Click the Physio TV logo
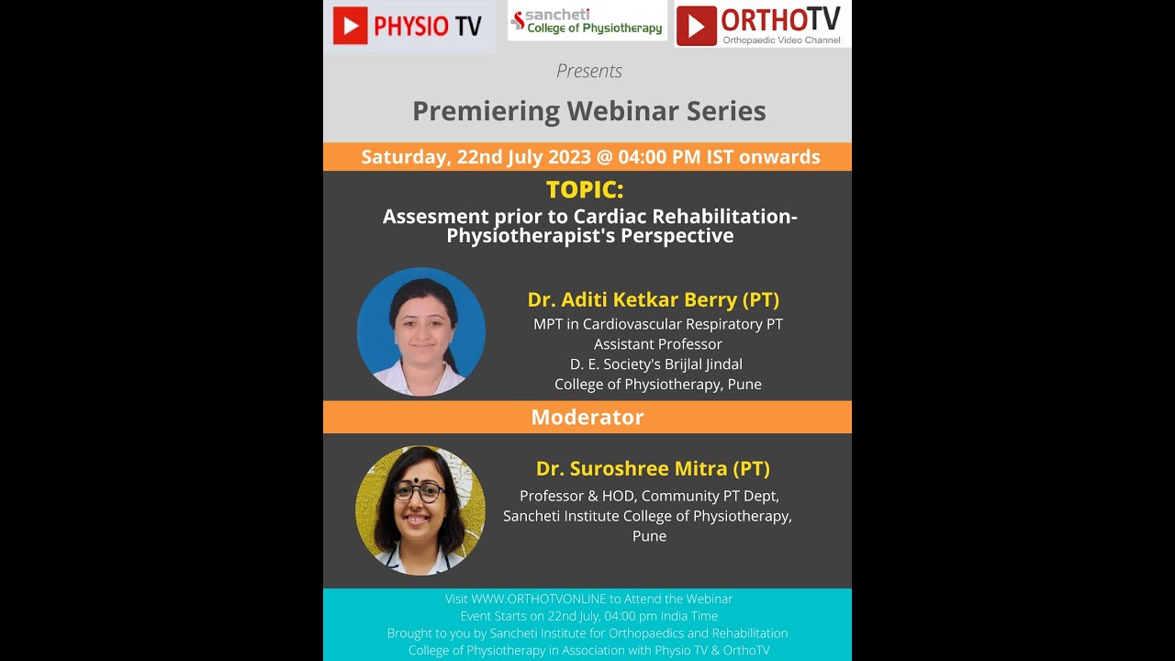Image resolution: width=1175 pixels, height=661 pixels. [x=408, y=26]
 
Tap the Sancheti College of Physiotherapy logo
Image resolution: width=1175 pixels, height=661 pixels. [x=587, y=21]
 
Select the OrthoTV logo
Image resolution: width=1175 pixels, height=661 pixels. [x=763, y=25]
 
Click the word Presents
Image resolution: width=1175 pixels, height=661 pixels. [x=588, y=71]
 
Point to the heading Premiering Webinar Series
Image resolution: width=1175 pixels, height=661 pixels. [x=588, y=111]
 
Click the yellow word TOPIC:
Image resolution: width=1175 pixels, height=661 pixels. [x=585, y=190]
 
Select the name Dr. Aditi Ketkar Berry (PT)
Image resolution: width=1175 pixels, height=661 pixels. [x=653, y=299]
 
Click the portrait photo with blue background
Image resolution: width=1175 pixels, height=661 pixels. [x=421, y=331]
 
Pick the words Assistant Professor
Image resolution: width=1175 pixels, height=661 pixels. [x=657, y=344]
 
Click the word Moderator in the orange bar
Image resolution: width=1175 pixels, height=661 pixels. [x=587, y=417]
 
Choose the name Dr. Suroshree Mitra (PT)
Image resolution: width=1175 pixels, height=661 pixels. [x=653, y=468]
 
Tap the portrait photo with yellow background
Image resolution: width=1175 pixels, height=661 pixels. [x=420, y=510]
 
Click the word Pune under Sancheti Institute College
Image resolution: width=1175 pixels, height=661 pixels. [x=649, y=536]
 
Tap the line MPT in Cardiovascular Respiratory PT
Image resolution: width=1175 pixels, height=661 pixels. [x=657, y=324]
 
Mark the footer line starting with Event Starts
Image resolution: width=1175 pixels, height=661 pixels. [x=588, y=616]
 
